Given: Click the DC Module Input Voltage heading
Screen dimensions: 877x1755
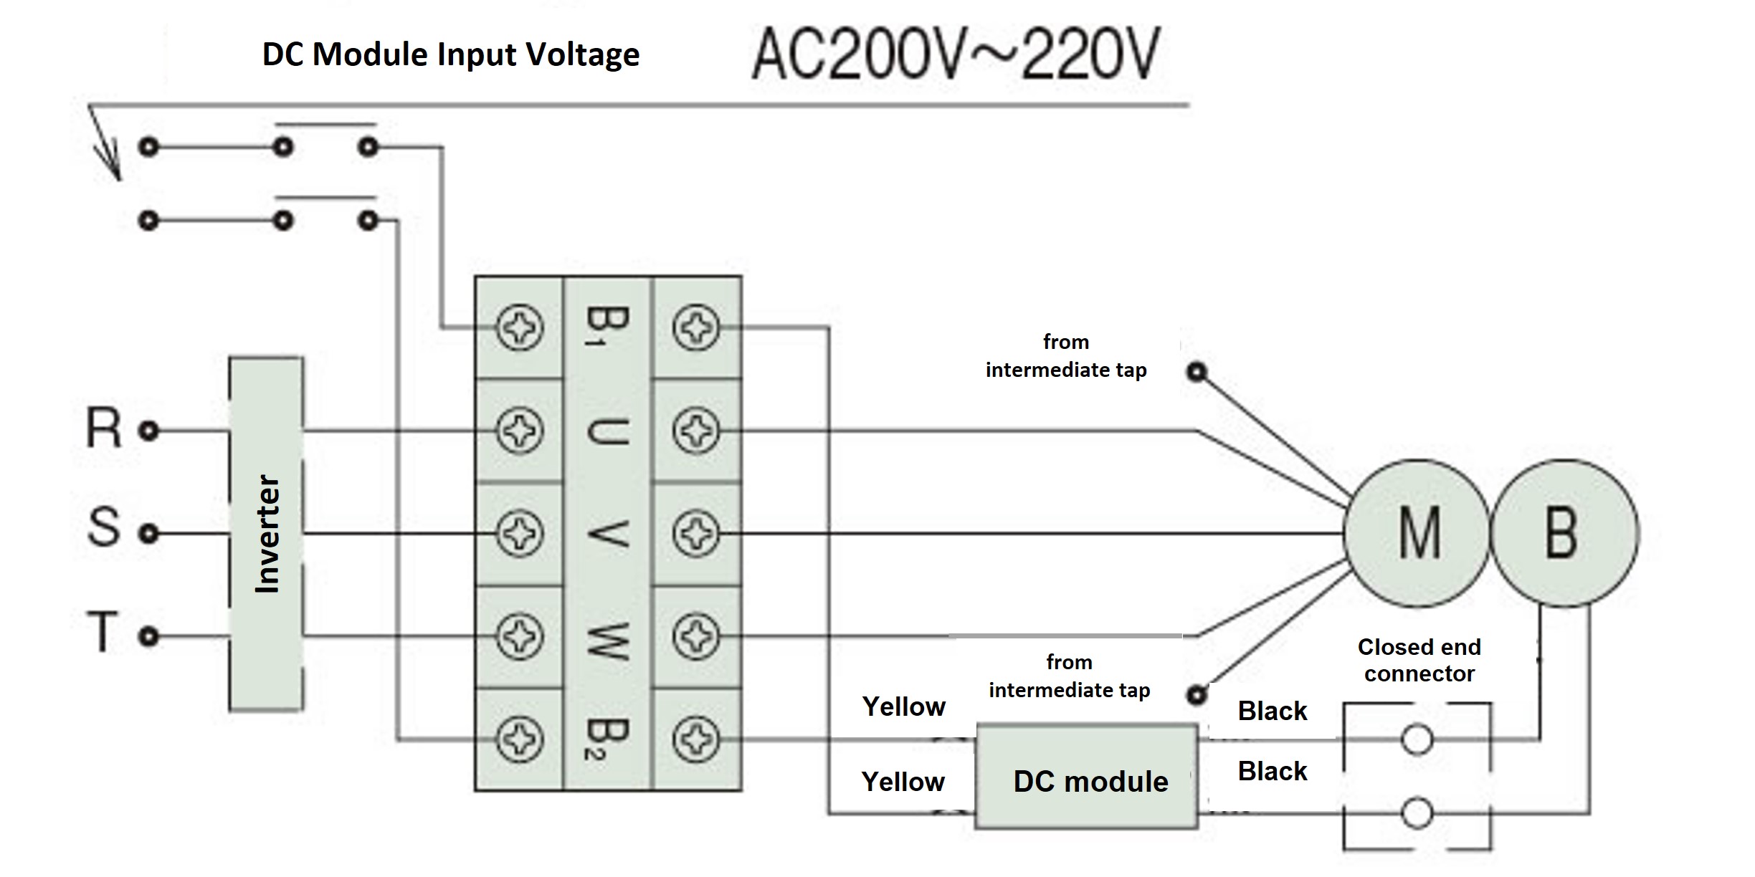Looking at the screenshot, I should [450, 54].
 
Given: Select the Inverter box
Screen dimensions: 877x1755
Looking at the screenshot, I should [266, 534].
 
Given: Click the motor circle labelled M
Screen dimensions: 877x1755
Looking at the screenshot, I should [1417, 533].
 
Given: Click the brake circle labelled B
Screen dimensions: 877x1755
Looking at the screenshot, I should [1564, 533].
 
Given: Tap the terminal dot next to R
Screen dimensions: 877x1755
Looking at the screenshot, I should [148, 431].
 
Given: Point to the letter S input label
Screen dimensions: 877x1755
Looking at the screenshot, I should [104, 528].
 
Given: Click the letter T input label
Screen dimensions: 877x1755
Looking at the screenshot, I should [103, 632].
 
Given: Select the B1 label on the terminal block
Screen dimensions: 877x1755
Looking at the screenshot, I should [607, 327].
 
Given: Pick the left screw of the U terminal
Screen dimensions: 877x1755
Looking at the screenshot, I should [519, 431].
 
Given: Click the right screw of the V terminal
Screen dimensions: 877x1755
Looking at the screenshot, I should [695, 534].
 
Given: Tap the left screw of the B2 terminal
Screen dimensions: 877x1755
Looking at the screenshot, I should [519, 739].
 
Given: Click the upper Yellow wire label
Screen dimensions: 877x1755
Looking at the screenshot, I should [903, 706].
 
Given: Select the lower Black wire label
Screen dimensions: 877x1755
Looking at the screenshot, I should [1272, 771].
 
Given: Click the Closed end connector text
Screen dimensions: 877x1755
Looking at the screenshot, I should [1419, 660].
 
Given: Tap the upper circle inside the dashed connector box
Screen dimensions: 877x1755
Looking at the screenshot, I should [1417, 739].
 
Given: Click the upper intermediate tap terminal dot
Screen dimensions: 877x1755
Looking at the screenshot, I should [1197, 372].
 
